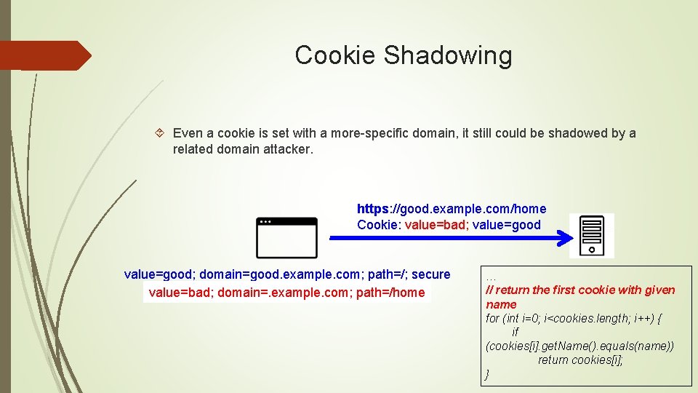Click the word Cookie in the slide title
335,55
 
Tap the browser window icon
286,237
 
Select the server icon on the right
591,235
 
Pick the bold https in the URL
373,209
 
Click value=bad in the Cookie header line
436,225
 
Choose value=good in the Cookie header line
507,225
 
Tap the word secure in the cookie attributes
430,274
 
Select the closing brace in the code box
487,374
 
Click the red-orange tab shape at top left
44,55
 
